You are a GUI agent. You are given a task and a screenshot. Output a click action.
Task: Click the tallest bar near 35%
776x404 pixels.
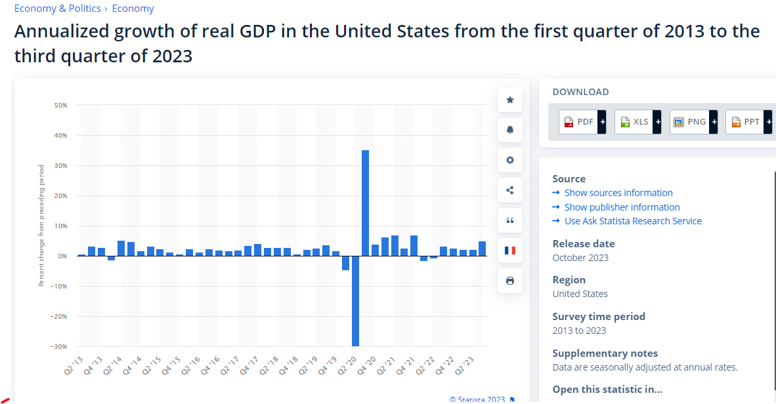pos(365,203)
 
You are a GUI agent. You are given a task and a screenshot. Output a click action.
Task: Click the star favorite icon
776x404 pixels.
pos(510,100)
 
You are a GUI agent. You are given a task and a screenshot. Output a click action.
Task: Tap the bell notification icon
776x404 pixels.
pos(510,130)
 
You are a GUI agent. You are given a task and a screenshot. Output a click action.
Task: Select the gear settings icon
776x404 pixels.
pos(510,160)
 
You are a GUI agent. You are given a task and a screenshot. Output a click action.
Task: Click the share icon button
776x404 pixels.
pos(510,190)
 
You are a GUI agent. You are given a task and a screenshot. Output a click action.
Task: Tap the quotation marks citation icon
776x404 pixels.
pos(510,220)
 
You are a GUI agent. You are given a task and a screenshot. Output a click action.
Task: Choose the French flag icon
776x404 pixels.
pos(510,251)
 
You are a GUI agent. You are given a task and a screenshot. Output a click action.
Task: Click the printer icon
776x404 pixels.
pos(510,281)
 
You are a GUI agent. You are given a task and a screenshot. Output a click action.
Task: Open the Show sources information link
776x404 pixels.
pos(618,193)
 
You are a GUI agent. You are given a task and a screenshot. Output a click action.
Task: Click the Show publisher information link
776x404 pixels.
pos(622,207)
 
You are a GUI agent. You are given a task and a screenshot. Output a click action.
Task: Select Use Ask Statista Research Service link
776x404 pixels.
pos(632,221)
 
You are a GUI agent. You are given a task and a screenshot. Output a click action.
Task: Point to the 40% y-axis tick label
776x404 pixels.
pos(60,136)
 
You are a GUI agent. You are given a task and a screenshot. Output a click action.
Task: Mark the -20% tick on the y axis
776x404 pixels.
pos(59,317)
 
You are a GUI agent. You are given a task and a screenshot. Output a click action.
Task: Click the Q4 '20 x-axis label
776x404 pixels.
pos(366,365)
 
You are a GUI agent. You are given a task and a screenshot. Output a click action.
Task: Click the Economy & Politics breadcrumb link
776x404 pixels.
pos(58,9)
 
